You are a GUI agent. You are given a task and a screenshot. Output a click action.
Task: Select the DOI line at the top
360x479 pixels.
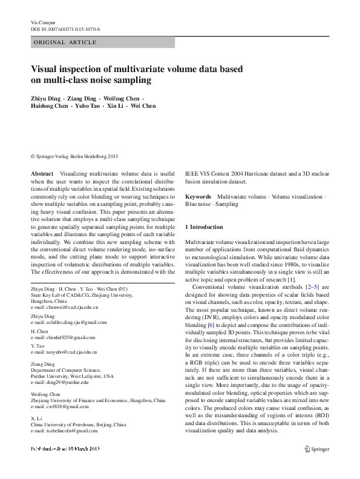[65, 29]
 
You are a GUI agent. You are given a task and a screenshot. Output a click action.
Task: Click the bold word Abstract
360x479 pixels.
[42, 174]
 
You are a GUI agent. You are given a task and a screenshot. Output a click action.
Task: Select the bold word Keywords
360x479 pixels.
[198, 197]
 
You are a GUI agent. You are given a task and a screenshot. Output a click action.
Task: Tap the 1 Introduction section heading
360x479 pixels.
[204, 227]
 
